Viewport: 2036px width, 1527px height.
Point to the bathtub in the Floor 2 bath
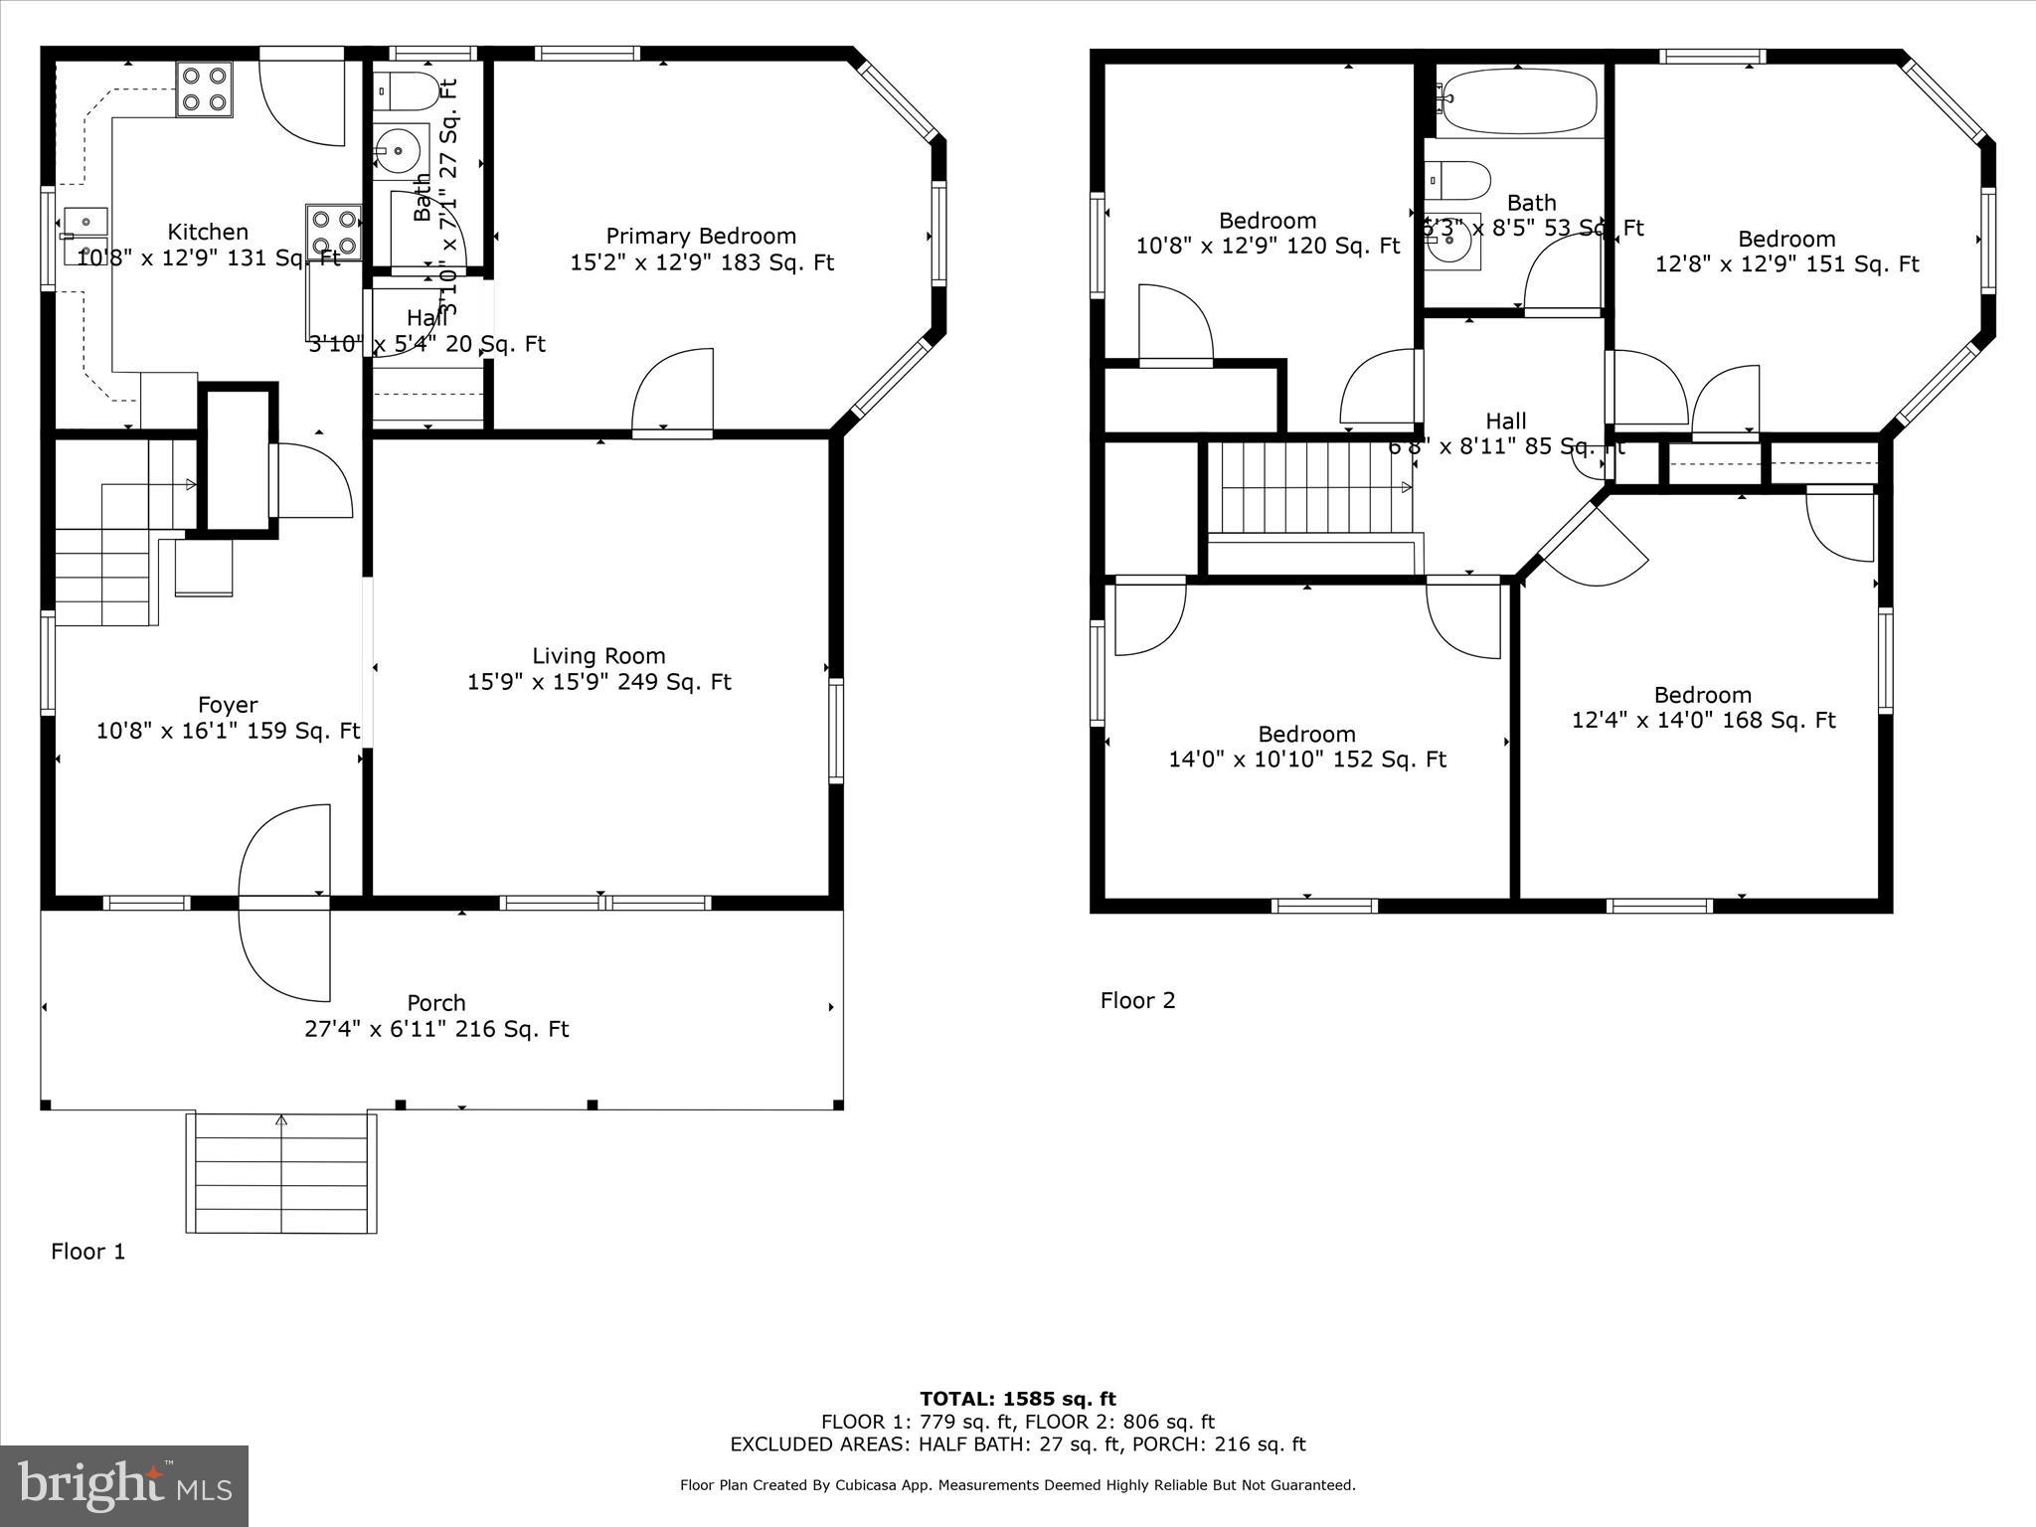pyautogui.click(x=1518, y=101)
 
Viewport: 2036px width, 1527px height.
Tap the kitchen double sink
pyautogui.click(x=85, y=237)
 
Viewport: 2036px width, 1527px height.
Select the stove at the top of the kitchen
pyautogui.click(x=205, y=88)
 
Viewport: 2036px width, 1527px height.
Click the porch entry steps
pyautogui.click(x=281, y=1173)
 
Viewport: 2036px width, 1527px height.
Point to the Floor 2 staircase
pyautogui.click(x=1310, y=489)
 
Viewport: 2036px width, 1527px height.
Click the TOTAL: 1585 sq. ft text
pyautogui.click(x=1017, y=1399)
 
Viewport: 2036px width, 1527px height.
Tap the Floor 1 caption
pyautogui.click(x=88, y=1252)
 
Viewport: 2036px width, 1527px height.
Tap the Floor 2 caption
pyautogui.click(x=1137, y=1000)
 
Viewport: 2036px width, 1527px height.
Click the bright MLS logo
pyautogui.click(x=124, y=1485)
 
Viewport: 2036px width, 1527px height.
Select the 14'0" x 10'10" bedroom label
pyautogui.click(x=1306, y=747)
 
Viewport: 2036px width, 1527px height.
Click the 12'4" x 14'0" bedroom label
pyautogui.click(x=1702, y=708)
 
